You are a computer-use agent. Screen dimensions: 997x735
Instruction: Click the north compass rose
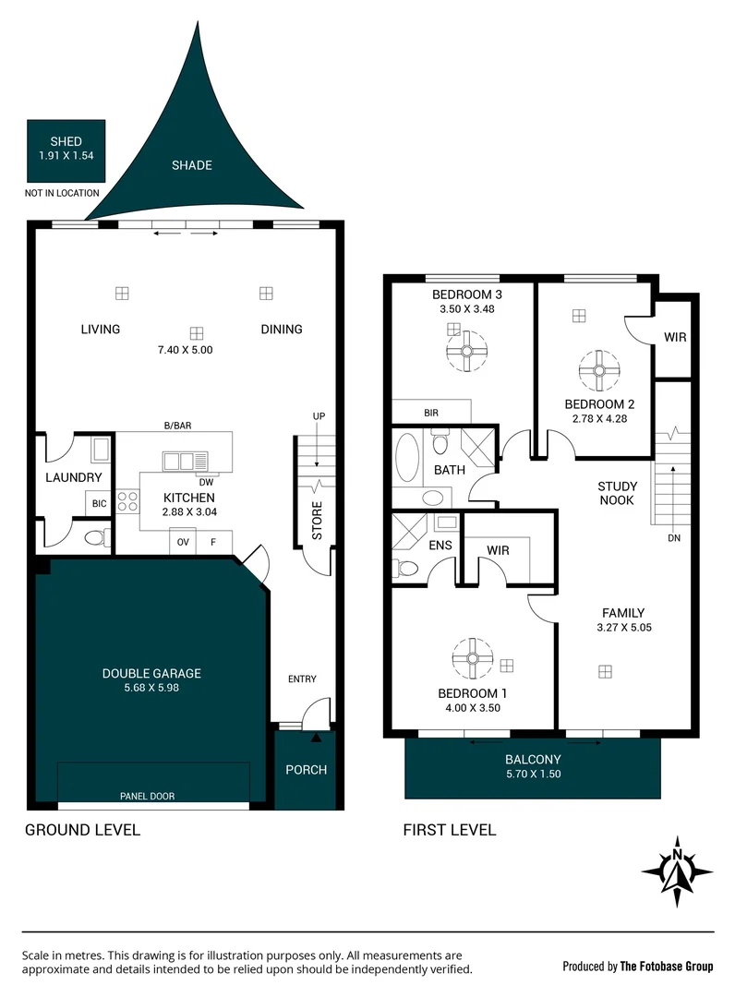point(677,871)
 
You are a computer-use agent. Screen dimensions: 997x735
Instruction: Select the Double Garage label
point(151,674)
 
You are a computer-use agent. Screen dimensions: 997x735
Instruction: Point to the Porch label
point(306,770)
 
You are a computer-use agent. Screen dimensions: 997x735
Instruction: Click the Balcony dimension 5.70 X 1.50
point(533,775)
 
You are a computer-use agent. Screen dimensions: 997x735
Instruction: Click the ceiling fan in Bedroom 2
point(598,370)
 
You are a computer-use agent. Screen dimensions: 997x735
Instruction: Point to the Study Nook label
point(616,493)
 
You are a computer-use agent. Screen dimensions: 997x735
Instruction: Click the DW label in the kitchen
point(206,482)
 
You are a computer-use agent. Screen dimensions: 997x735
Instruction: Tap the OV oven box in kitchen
point(184,542)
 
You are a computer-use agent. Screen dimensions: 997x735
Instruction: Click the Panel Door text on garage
point(147,796)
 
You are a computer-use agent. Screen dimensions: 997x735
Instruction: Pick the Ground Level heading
point(82,830)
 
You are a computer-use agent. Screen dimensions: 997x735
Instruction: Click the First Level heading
point(449,830)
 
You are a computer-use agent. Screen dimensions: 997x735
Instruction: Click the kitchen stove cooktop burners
point(127,501)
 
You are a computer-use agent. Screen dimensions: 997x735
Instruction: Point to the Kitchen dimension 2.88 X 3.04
point(188,511)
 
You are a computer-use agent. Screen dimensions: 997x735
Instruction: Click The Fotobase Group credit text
point(666,967)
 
